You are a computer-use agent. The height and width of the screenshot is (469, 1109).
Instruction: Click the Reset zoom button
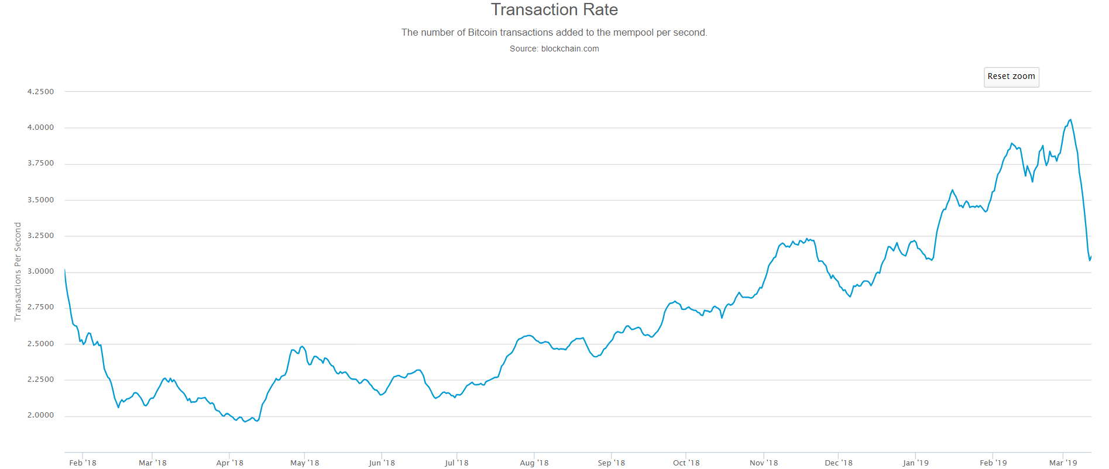(x=1011, y=77)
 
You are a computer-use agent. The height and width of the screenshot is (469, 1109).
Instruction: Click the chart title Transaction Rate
(x=554, y=10)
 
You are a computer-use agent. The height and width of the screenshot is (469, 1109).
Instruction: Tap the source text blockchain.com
(x=554, y=49)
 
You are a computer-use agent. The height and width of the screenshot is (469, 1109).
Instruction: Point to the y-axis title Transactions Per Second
(x=18, y=271)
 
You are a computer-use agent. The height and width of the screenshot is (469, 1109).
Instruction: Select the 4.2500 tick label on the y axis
(x=40, y=92)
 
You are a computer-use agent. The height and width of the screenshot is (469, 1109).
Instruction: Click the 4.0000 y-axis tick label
(x=40, y=127)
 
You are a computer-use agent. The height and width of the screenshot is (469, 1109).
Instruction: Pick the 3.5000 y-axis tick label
(x=40, y=200)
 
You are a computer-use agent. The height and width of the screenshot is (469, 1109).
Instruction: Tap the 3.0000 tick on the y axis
(x=40, y=271)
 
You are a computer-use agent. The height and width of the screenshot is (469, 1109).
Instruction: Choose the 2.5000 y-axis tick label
(x=40, y=344)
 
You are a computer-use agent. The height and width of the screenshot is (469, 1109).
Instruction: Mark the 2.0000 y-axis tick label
(x=40, y=415)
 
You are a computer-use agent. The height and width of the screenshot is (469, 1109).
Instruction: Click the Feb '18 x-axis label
(x=83, y=463)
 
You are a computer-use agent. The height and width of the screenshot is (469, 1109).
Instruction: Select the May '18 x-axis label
(x=304, y=463)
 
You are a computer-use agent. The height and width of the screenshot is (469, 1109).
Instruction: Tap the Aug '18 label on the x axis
(x=534, y=463)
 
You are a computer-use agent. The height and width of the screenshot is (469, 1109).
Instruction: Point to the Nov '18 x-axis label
(x=764, y=463)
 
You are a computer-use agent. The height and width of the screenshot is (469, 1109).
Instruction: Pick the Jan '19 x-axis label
(x=915, y=463)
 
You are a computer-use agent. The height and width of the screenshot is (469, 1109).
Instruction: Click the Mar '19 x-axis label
(x=1063, y=463)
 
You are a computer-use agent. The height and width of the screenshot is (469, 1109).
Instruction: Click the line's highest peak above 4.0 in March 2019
(x=1070, y=120)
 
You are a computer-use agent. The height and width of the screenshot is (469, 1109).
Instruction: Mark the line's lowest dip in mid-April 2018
(x=245, y=422)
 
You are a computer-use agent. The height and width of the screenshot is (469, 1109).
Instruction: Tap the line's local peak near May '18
(x=302, y=346)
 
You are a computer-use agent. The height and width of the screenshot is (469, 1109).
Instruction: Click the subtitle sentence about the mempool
(x=554, y=33)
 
